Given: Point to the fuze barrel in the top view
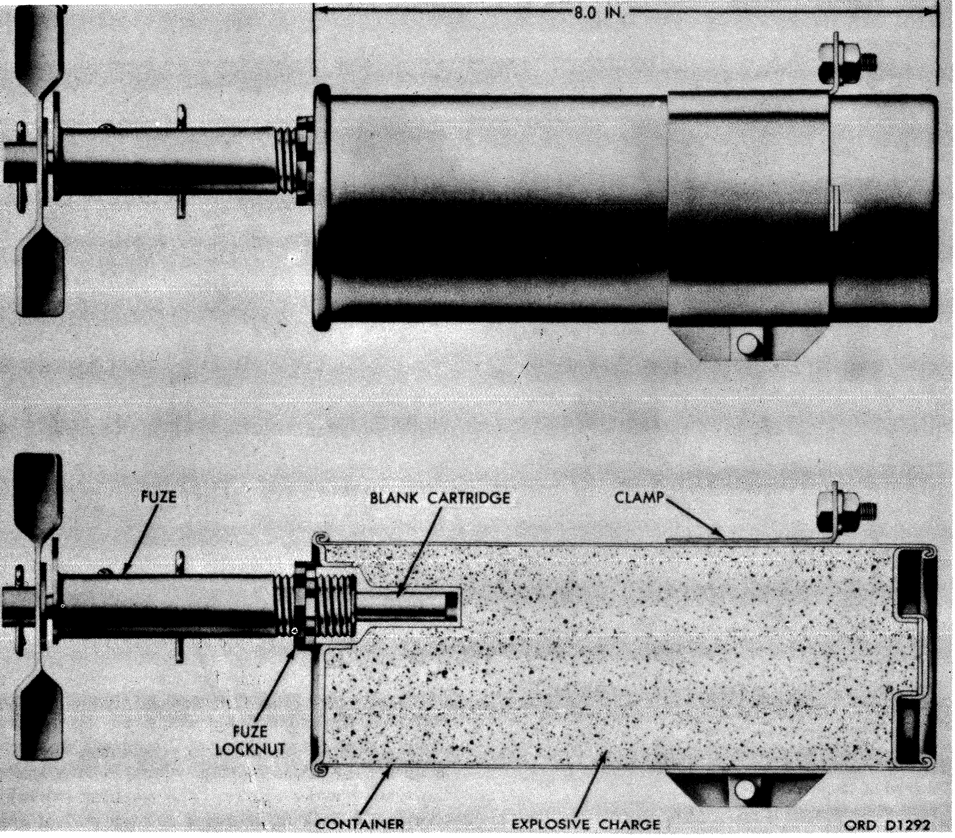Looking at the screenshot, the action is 168,163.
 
